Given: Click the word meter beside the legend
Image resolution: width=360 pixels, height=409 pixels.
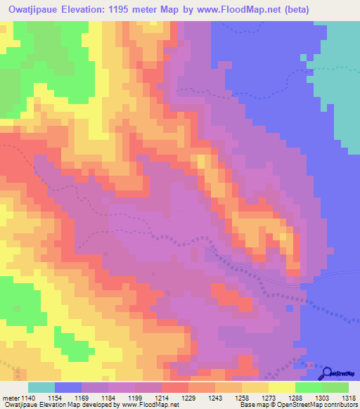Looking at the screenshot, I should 11,398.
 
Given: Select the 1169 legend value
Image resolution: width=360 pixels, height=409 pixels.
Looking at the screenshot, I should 82,398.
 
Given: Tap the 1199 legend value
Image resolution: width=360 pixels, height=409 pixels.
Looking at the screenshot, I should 135,398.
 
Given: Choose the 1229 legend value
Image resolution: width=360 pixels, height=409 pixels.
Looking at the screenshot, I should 188,398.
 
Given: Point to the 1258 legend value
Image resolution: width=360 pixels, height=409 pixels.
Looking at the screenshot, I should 242,398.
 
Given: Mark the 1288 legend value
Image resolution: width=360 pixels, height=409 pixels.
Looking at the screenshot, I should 295,398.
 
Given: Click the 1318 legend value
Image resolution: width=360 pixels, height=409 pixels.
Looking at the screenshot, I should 349,398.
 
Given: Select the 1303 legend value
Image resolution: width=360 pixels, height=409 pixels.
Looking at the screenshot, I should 322,398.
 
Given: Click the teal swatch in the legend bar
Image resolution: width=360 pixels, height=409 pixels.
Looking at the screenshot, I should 41,387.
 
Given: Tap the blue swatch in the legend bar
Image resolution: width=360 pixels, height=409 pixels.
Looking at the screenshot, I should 68,387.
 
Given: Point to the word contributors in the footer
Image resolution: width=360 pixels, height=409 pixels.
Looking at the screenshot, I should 341,405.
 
